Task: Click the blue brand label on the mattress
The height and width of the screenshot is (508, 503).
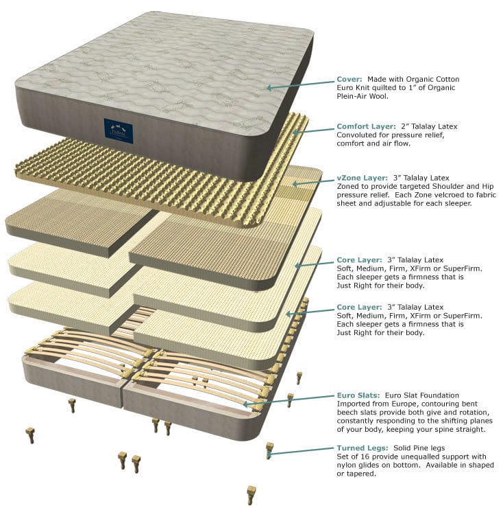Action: point(118,130)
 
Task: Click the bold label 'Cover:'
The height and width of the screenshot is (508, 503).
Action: point(349,79)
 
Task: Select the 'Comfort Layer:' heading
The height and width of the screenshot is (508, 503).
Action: point(366,127)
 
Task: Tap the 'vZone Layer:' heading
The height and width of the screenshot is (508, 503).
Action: point(362,178)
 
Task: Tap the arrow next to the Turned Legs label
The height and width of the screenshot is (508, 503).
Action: point(302,450)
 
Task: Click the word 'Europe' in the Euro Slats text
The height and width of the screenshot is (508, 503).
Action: point(405,404)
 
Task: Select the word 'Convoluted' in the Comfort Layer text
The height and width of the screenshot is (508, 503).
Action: point(357,135)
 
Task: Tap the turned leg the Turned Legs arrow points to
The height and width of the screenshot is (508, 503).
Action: point(269,450)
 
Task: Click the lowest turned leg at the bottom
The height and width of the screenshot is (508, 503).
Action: point(251,494)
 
